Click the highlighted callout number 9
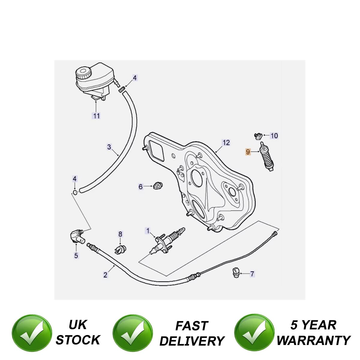point(248,151)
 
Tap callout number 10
point(274,136)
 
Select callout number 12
point(226,143)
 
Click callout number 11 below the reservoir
point(96,116)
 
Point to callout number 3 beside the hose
point(109,147)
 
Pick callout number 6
point(140,186)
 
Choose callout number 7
point(252,274)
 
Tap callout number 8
point(120,234)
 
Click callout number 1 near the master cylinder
point(148,231)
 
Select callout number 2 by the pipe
point(105,275)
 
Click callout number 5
point(76,255)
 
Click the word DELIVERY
point(192,341)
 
